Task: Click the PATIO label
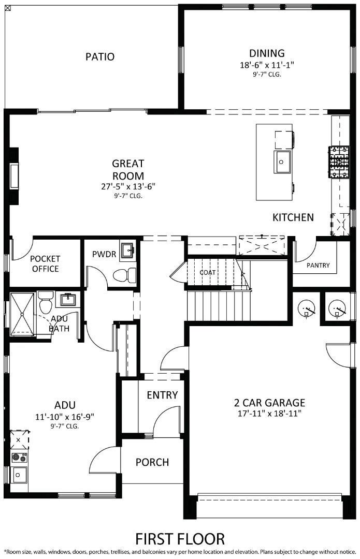[x=100, y=56]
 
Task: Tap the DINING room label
[x=267, y=53]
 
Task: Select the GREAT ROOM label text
[x=128, y=169]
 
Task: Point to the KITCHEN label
[x=293, y=217]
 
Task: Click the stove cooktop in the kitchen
[x=338, y=162]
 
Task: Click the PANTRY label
[x=318, y=265]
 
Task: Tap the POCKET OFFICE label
[x=45, y=263]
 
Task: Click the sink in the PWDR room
[x=127, y=252]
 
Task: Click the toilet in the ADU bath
[x=45, y=302]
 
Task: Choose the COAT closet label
[x=208, y=272]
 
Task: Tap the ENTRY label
[x=162, y=395]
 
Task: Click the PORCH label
[x=152, y=462]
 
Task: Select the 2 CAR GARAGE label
[x=269, y=402]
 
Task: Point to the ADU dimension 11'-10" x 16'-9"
[x=65, y=416]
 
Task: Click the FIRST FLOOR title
[x=180, y=538]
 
